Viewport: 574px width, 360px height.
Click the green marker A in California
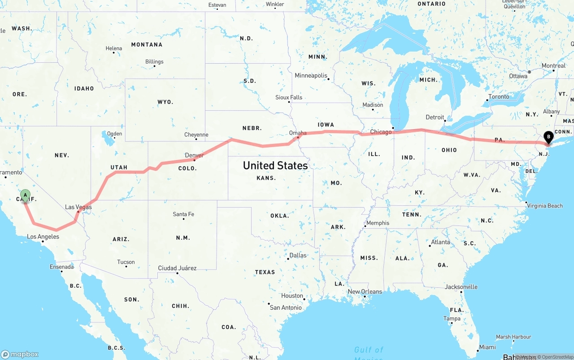pyautogui.click(x=26, y=195)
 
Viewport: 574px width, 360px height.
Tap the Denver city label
pyautogui.click(x=194, y=156)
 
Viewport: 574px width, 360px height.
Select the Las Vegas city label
pyautogui.click(x=78, y=207)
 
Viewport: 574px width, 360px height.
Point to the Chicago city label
pyautogui.click(x=381, y=132)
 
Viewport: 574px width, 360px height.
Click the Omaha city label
pyautogui.click(x=298, y=133)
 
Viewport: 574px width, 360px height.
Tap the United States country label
pyautogui.click(x=275, y=165)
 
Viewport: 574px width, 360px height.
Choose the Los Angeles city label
pyautogui.click(x=43, y=237)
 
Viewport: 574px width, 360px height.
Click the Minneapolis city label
pyautogui.click(x=311, y=75)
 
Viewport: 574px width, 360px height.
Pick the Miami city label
pyautogui.click(x=487, y=347)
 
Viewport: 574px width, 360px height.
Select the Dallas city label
pyautogui.click(x=298, y=255)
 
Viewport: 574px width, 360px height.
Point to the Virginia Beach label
pyautogui.click(x=545, y=206)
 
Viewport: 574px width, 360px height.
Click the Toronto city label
pyautogui.click(x=499, y=96)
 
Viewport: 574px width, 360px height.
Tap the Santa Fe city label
pyautogui.click(x=183, y=214)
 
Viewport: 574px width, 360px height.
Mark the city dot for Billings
pyautogui.click(x=155, y=66)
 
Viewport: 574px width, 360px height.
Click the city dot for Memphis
pyautogui.click(x=365, y=226)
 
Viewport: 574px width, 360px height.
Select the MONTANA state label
pyautogui.click(x=147, y=44)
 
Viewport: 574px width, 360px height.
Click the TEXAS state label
pyautogui.click(x=265, y=272)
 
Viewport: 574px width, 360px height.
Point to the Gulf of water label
pyautogui.click(x=369, y=350)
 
